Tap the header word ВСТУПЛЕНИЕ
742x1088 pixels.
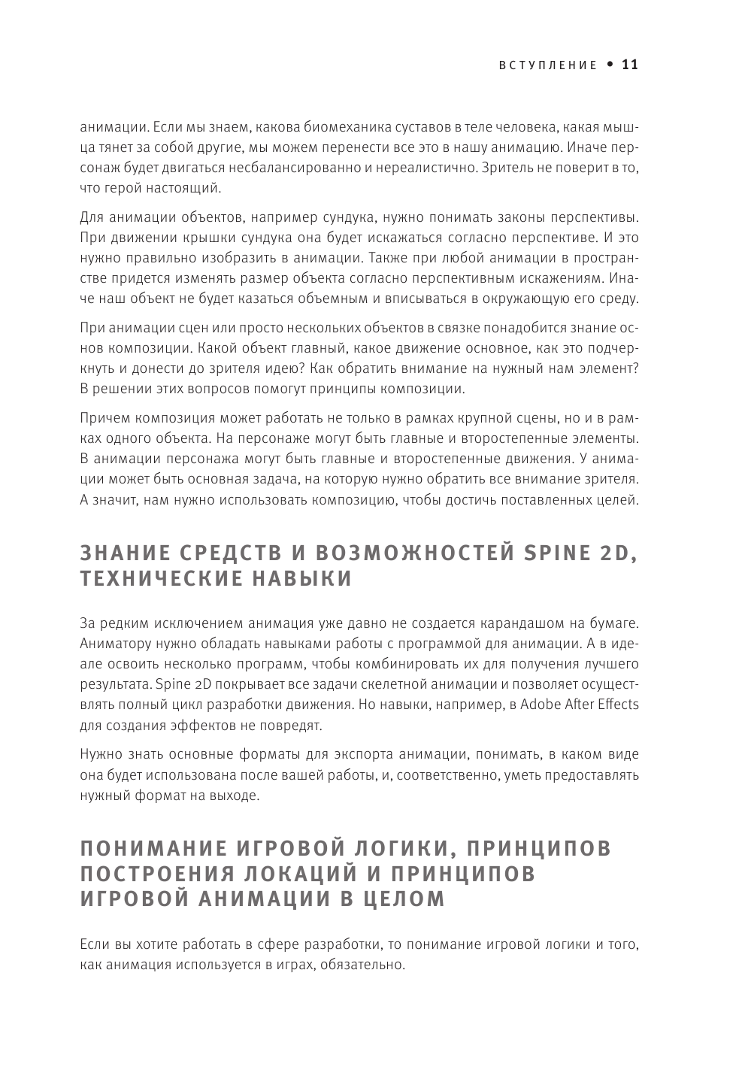(548, 65)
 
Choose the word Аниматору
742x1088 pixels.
(111, 644)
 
